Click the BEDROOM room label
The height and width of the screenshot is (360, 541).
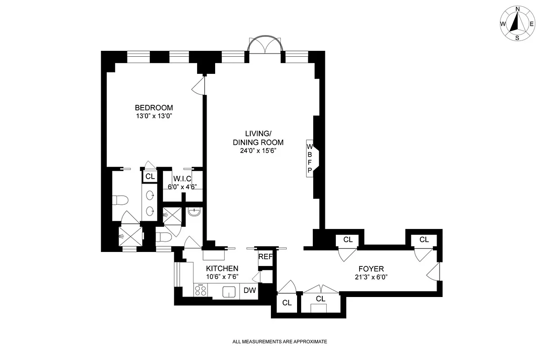pos(154,108)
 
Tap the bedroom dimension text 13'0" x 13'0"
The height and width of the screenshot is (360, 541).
pos(154,116)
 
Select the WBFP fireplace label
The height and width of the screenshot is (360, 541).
pos(310,158)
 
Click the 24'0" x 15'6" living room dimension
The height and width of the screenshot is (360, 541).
pos(257,151)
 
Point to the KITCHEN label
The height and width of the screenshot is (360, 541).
pos(223,268)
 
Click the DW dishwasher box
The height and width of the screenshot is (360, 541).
pos(250,291)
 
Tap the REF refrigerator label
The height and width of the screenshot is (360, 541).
pos(266,257)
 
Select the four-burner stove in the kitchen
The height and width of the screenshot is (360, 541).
pos(201,291)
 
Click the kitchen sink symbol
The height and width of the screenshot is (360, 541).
pos(230,292)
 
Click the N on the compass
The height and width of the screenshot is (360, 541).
pos(518,9)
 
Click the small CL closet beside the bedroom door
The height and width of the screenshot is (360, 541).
pos(150,176)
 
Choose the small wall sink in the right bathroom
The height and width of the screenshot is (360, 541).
pos(194,211)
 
